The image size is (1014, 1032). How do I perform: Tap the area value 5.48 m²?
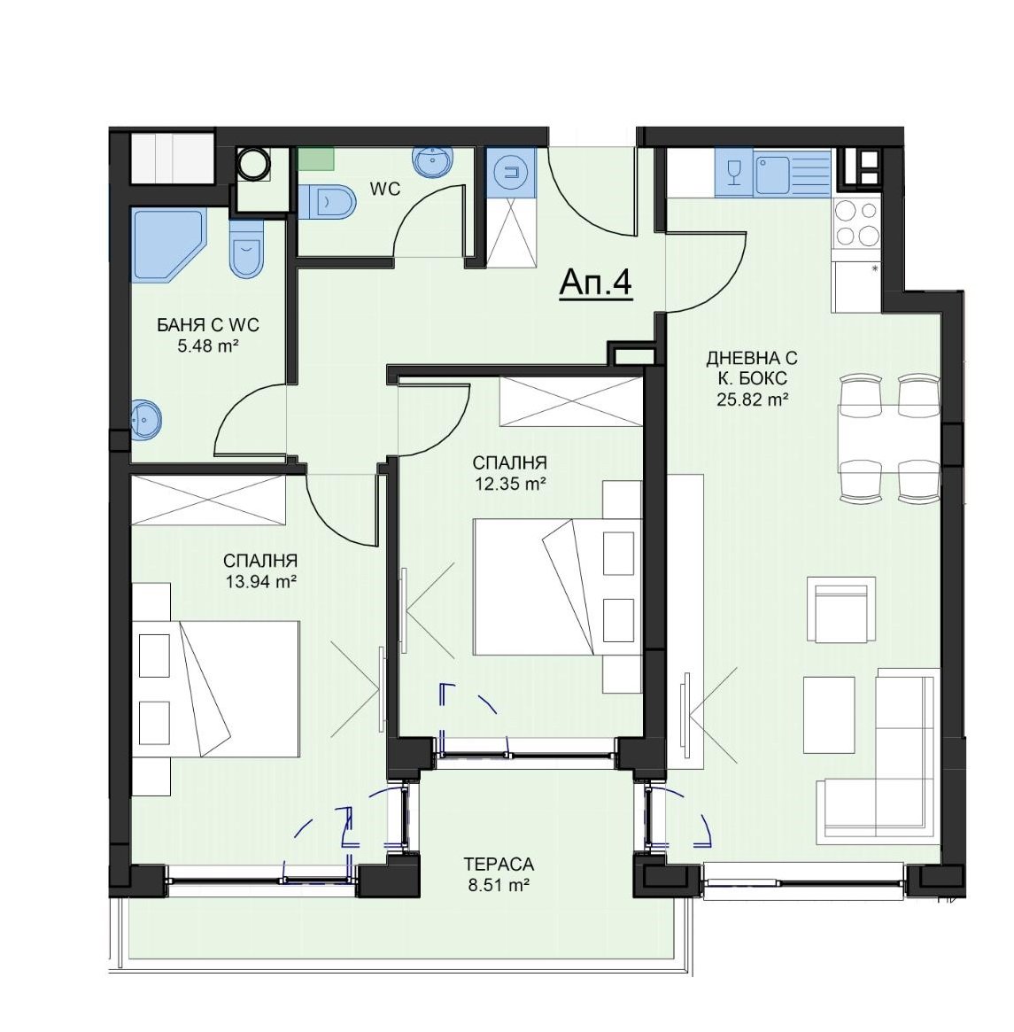click(207, 346)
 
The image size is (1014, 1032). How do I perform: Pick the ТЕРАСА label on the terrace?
click(499, 864)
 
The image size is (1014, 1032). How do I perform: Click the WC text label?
click(385, 190)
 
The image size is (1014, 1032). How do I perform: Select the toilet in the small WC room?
click(327, 201)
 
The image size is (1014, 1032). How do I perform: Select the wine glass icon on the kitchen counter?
click(734, 173)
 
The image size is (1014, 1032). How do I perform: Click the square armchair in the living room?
click(841, 609)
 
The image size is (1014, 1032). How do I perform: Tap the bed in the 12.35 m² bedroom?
click(557, 586)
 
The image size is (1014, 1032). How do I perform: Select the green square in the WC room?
click(316, 158)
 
